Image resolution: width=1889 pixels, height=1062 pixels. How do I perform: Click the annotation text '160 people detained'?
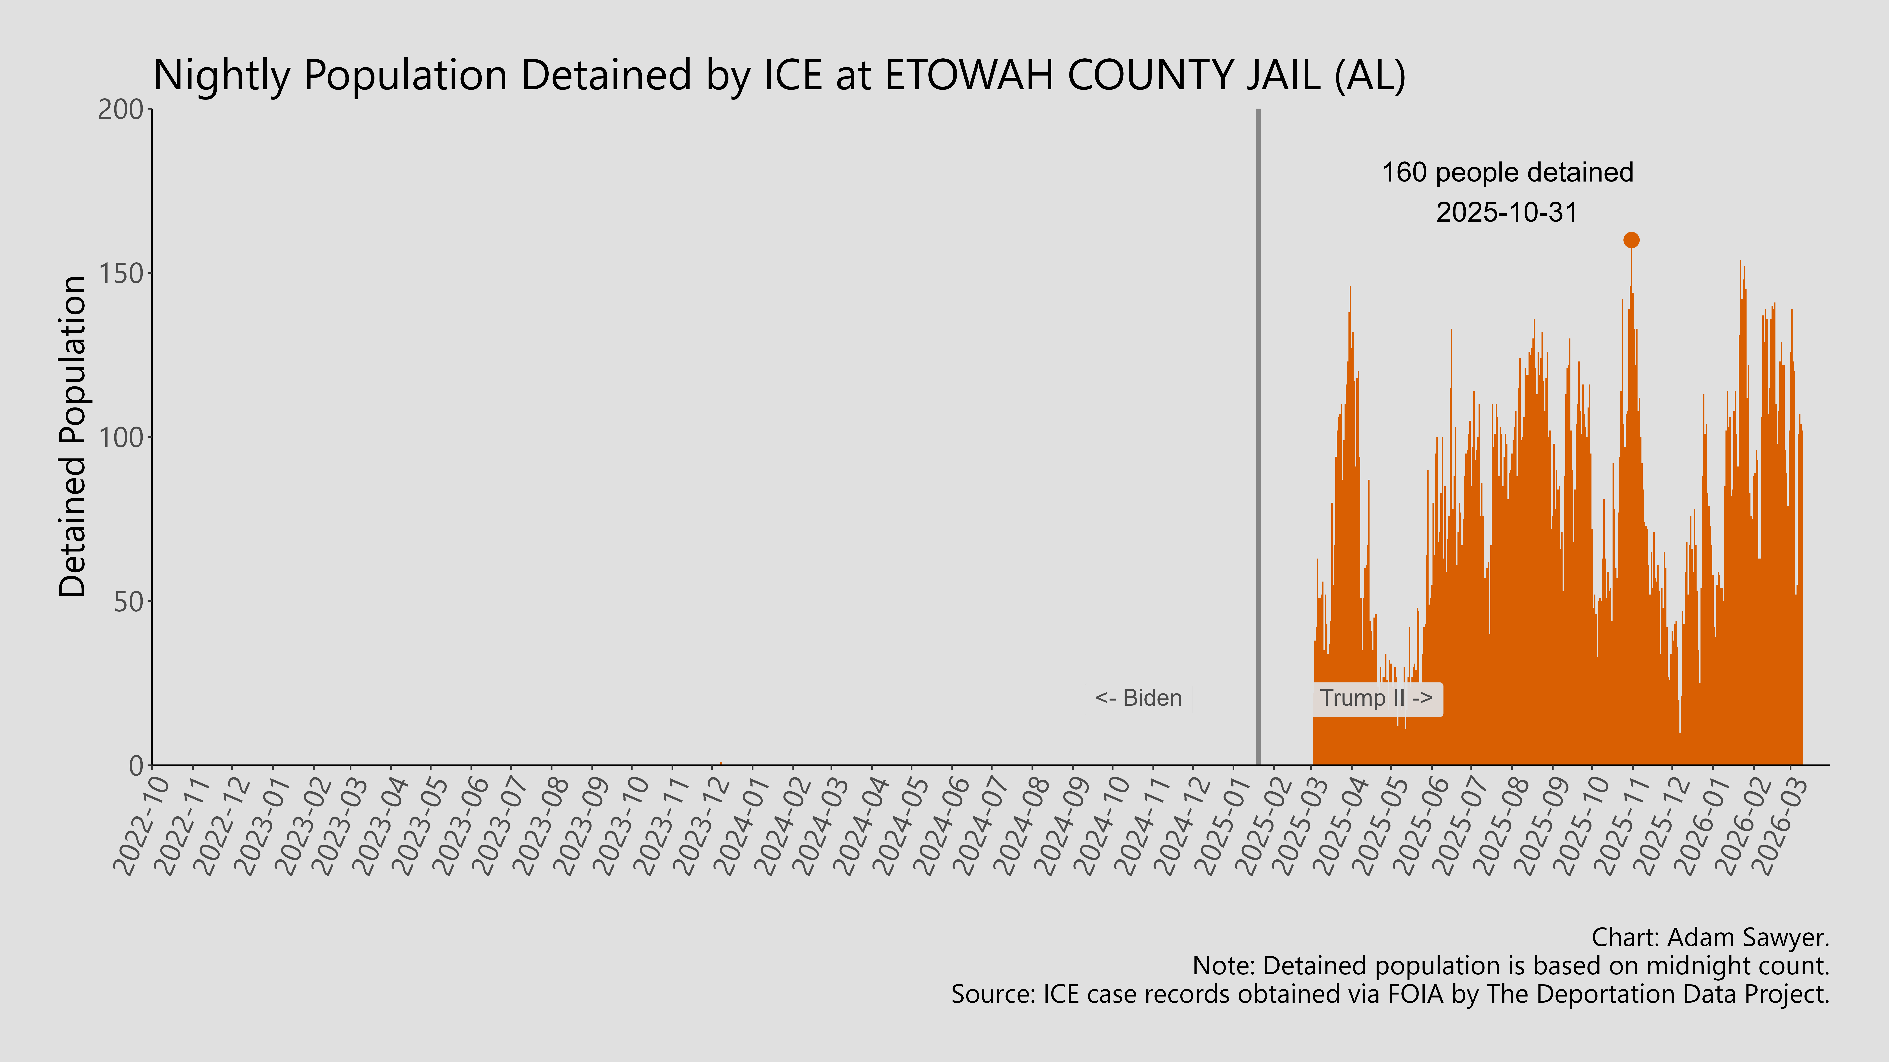[1507, 173]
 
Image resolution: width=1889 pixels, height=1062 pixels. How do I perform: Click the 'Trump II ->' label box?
[1376, 699]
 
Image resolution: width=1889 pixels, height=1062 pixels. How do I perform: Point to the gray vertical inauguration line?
[1258, 440]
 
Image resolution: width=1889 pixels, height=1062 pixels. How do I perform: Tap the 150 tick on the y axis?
[121, 273]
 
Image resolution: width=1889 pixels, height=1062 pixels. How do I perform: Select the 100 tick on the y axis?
[121, 438]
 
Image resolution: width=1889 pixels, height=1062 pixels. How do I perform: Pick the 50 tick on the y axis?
[128, 602]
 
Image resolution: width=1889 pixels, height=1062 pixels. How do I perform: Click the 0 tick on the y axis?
[136, 766]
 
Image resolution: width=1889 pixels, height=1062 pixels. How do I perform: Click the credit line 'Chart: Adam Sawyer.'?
[1710, 937]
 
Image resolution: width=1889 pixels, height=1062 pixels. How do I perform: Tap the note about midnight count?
[1511, 966]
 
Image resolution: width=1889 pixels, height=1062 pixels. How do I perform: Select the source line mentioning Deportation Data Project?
[1390, 995]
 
